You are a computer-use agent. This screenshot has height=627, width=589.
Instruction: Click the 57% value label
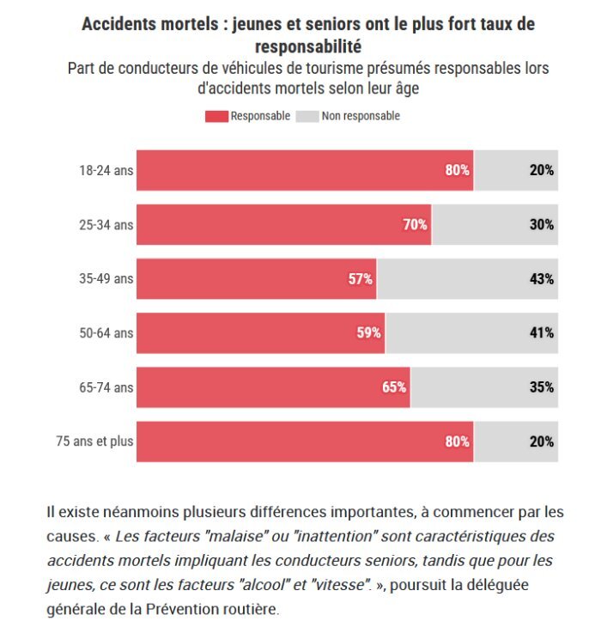tap(360, 279)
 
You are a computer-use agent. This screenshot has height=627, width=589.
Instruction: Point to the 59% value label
tap(369, 333)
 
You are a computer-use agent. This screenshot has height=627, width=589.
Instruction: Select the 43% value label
tap(541, 279)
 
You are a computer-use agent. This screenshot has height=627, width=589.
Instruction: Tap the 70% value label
tap(416, 225)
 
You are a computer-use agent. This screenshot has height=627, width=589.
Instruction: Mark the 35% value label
tap(541, 387)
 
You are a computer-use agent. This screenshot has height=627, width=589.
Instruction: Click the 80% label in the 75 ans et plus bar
tap(457, 442)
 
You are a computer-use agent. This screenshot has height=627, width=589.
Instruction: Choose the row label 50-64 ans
tap(106, 333)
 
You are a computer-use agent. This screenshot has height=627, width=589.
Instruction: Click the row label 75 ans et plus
tap(94, 442)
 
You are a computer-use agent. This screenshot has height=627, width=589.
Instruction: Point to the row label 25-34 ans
tap(106, 225)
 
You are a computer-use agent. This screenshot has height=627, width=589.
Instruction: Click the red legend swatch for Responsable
tap(216, 116)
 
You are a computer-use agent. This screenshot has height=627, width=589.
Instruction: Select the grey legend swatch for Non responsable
tap(307, 116)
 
